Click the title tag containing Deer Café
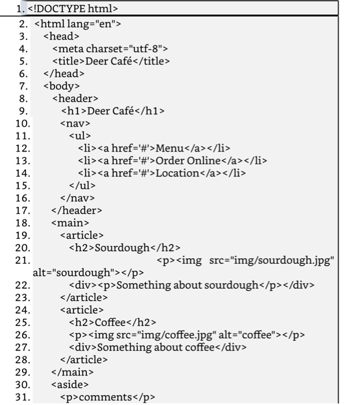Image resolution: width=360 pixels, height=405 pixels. [x=111, y=61]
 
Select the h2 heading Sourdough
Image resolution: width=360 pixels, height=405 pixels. [x=124, y=248]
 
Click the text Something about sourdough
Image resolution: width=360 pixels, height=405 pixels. [x=187, y=285]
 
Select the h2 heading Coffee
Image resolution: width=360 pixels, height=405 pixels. [x=112, y=322]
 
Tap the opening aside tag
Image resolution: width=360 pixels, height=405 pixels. [x=70, y=384]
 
